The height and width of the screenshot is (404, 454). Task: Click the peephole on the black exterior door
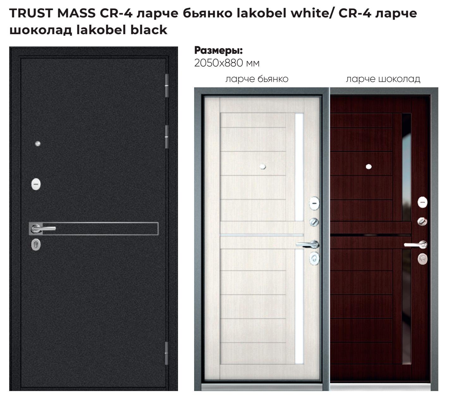pos(38,144)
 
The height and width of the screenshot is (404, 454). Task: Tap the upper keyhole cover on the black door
pos(36,184)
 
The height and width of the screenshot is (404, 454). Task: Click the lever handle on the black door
pos(43,228)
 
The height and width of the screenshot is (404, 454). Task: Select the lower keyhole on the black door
pos(36,244)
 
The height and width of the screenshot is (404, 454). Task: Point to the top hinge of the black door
pos(167,85)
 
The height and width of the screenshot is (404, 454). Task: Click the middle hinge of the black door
pos(167,137)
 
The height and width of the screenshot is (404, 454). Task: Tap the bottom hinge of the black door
pos(167,353)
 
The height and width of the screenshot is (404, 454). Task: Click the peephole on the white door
pos(263,167)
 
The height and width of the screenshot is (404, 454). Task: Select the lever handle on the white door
pos(308,244)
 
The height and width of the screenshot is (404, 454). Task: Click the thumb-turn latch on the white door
pos(314,222)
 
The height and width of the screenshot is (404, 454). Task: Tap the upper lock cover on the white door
pos(314,203)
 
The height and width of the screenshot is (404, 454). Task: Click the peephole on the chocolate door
pos(369,167)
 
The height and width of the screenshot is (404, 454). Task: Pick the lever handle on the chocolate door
pos(416,244)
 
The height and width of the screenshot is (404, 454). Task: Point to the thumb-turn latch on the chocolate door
pos(422,221)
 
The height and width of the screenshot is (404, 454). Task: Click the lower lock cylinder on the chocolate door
pos(423,259)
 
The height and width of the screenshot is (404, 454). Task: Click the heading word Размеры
pos(218,50)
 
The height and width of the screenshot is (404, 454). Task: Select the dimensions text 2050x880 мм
pos(227,63)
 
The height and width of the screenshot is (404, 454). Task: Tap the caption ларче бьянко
pos(257,79)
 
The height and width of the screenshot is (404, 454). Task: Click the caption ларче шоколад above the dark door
pos(383,79)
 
